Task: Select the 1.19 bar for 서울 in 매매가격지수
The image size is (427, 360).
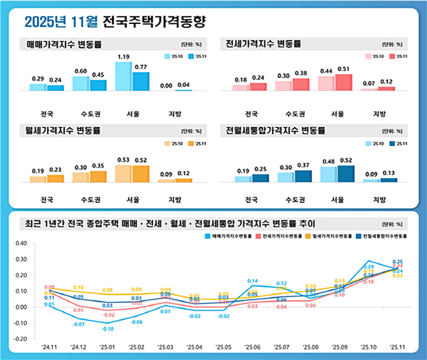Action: pyautogui.click(x=123, y=77)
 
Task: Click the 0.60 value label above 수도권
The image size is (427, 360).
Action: pyautogui.click(x=80, y=71)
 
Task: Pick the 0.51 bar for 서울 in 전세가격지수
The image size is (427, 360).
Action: pyautogui.click(x=343, y=82)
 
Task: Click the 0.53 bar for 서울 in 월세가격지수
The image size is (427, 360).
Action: pyautogui.click(x=123, y=174)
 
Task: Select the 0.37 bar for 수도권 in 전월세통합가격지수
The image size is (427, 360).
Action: pyautogui.click(x=302, y=176)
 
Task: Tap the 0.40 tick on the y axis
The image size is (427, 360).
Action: pyautogui.click(x=21, y=244)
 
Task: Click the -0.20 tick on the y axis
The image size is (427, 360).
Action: pyautogui.click(x=20, y=339)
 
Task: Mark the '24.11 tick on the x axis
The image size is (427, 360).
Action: pyautogui.click(x=49, y=348)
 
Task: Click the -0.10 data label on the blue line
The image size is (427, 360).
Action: pyautogui.click(x=108, y=329)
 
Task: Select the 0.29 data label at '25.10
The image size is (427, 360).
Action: pyautogui.click(x=368, y=267)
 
